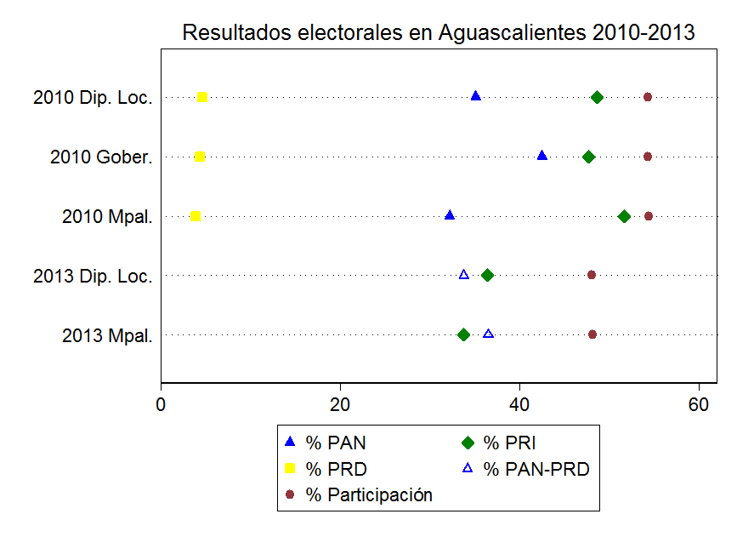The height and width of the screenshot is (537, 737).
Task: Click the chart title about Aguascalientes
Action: click(439, 33)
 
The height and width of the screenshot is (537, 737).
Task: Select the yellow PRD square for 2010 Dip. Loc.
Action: click(202, 97)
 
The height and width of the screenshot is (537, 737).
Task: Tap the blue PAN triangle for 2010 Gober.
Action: click(542, 156)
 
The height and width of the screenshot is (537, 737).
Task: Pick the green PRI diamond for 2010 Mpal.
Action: click(624, 216)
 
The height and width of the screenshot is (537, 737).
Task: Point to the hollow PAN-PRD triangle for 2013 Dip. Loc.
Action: click(464, 275)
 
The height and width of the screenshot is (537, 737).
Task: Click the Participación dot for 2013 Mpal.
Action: click(592, 334)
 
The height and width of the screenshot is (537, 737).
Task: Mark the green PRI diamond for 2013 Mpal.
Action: click(463, 334)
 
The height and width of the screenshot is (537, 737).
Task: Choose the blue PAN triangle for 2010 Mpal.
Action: click(450, 215)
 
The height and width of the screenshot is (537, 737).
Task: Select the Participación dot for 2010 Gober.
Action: click(648, 157)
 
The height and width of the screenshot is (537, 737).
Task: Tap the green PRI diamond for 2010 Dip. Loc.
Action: click(597, 97)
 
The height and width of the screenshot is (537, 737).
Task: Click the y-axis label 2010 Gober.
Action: click(102, 157)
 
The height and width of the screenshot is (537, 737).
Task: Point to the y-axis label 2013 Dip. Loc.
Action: click(94, 277)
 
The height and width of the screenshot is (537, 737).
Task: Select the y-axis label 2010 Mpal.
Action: click(108, 217)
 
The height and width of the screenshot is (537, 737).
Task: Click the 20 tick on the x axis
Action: click(340, 405)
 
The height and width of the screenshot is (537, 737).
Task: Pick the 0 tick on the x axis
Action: click(162, 405)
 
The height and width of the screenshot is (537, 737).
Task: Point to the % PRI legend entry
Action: click(509, 443)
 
